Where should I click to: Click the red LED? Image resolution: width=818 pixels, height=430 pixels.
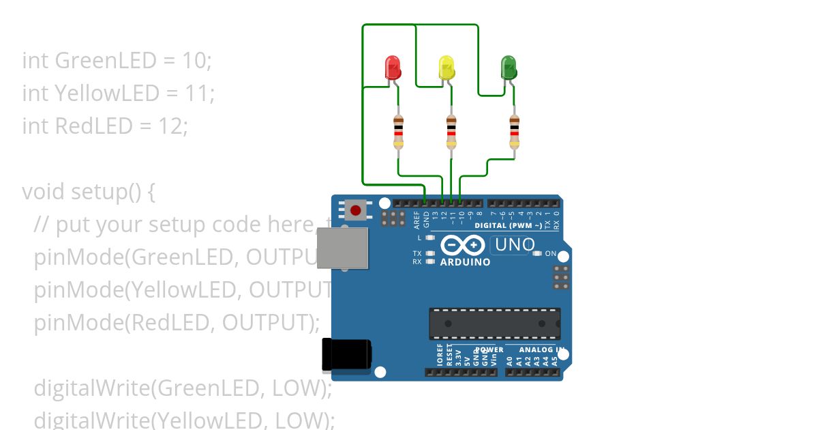[393, 68]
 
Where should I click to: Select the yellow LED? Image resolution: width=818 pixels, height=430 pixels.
[446, 68]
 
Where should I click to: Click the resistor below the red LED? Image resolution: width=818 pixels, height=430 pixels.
[399, 132]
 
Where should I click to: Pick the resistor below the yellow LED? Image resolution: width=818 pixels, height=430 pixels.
[451, 132]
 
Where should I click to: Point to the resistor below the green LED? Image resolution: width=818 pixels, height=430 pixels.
[515, 132]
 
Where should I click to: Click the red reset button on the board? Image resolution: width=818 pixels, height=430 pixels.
[355, 209]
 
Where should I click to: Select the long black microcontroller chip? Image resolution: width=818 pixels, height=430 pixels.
[494, 324]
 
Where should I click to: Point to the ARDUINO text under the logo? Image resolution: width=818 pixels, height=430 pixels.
[465, 262]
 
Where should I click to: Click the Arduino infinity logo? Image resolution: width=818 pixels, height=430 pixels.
[463, 245]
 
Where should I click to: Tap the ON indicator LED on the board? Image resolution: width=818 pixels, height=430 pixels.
[538, 254]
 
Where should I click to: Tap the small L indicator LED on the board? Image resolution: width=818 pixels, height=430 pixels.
[429, 238]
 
